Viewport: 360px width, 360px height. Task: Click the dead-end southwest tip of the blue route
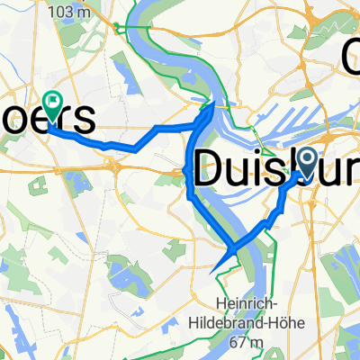211,271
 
